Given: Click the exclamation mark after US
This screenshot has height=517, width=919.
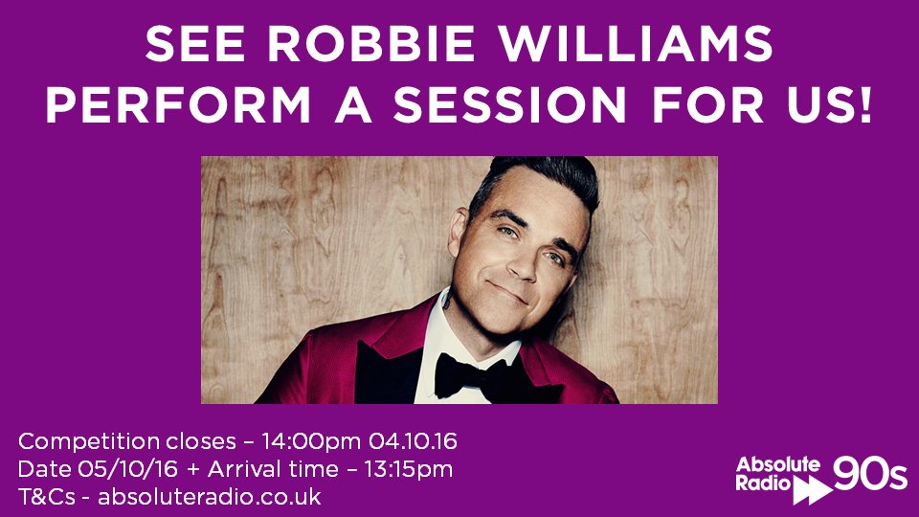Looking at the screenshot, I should tap(863, 105).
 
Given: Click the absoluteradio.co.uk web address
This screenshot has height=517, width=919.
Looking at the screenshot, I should tap(209, 498).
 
